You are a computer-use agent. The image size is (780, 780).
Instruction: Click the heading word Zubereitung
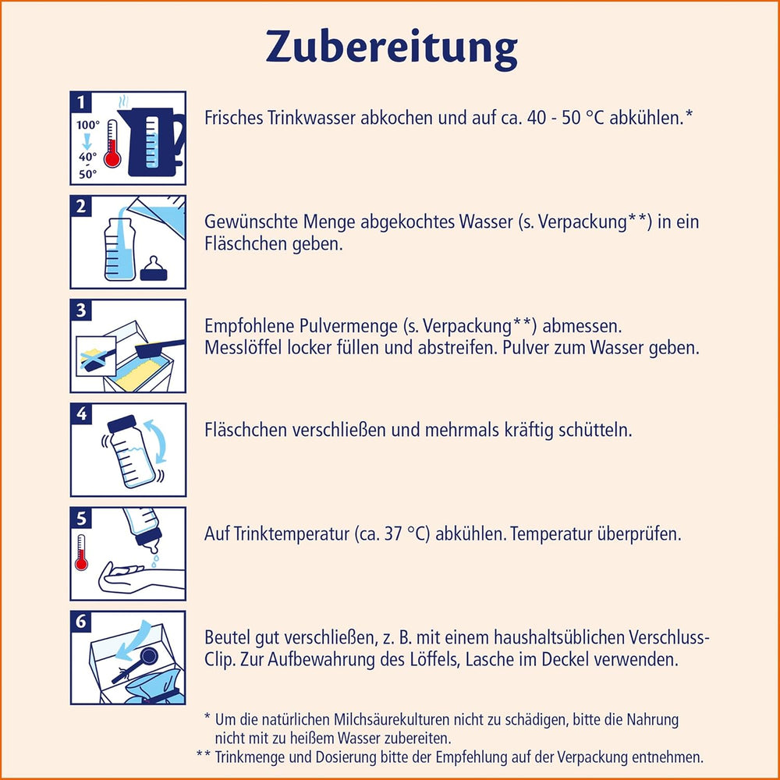click(391, 48)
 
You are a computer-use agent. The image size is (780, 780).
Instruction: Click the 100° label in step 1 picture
click(87, 125)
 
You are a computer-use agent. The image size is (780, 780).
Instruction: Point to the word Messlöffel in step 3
click(240, 348)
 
